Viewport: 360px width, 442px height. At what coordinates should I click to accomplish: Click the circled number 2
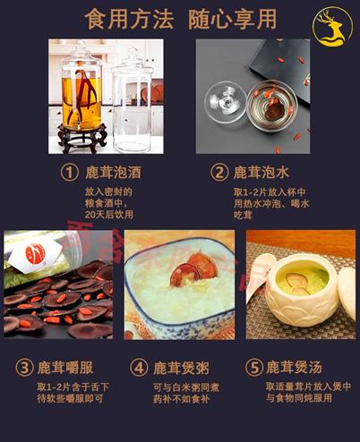coord(219,171)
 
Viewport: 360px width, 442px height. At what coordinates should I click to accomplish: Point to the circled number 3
coord(25,368)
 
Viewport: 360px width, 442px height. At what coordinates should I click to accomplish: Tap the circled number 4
coord(139,368)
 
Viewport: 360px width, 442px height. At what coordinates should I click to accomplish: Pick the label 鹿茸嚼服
coord(64,368)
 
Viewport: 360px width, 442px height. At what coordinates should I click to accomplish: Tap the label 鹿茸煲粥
coord(178,368)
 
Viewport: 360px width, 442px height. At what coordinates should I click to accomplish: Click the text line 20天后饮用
coord(107,216)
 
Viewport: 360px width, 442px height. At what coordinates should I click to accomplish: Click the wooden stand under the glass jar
coord(82,137)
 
